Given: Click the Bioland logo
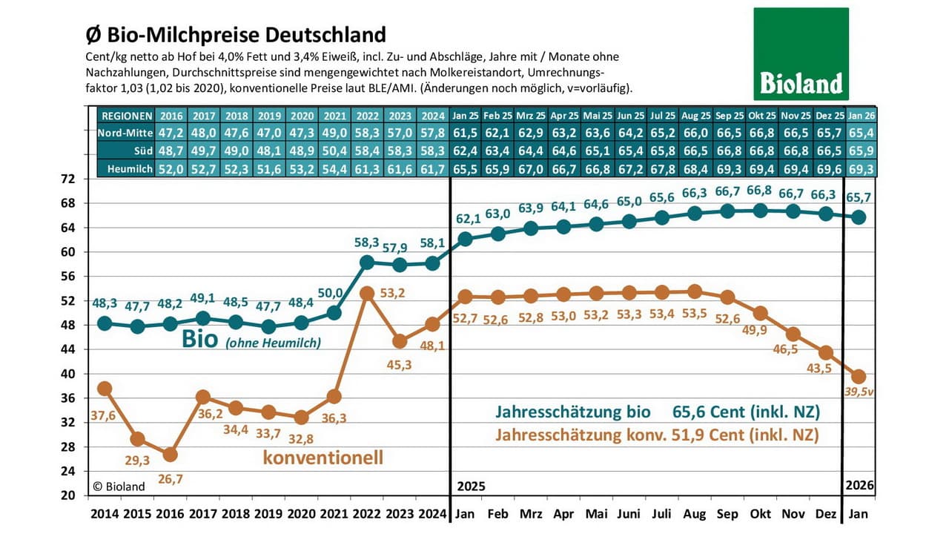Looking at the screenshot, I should pos(801,53).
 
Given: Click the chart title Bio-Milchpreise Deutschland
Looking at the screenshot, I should pos(237,35).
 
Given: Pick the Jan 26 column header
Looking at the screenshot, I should pos(860,116).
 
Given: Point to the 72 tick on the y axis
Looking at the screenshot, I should pos(67,179).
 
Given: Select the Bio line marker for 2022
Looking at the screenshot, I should pos(366,262).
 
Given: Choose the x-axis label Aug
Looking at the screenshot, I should pos(695,513).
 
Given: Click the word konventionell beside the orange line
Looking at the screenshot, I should pos(323,458).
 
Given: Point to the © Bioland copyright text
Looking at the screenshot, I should pos(119,487).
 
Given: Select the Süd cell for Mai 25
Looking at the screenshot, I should pos(598,151).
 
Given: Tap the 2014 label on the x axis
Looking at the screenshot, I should pos(104,513).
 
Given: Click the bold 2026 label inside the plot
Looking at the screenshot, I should pos(860,487).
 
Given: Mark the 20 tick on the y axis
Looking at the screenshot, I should pos(67,495).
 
